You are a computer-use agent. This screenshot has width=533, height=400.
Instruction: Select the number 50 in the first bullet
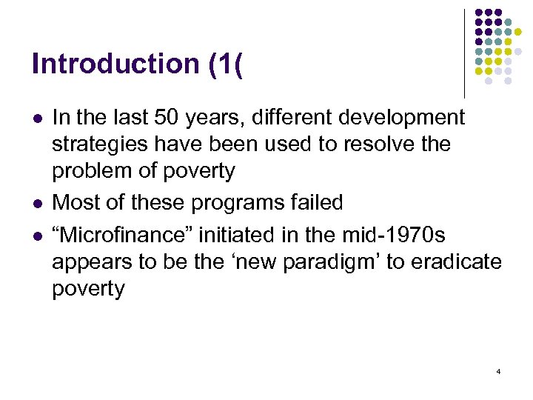click(153, 117)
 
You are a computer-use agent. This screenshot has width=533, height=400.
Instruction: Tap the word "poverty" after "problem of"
click(198, 171)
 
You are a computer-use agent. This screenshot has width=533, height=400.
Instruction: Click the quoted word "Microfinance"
click(121, 234)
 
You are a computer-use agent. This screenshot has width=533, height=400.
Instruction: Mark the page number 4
click(498, 370)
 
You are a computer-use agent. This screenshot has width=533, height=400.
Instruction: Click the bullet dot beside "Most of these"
click(36, 203)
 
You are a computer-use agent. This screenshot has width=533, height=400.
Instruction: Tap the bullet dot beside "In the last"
click(36, 118)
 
